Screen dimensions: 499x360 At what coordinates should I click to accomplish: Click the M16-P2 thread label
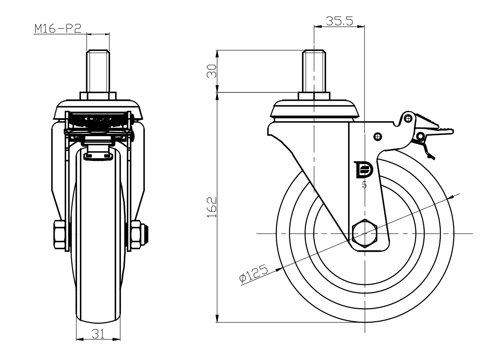(58, 29)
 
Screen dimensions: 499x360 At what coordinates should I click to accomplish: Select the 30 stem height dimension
(211, 71)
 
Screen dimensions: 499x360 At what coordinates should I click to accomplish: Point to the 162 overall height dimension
(211, 207)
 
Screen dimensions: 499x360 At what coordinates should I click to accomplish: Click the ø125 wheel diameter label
(254, 274)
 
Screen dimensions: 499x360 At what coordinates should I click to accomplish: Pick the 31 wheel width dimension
(98, 333)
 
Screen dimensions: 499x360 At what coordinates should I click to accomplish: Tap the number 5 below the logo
(364, 185)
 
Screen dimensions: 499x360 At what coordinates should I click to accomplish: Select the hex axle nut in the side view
(365, 233)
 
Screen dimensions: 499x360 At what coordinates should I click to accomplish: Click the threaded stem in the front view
(98, 71)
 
